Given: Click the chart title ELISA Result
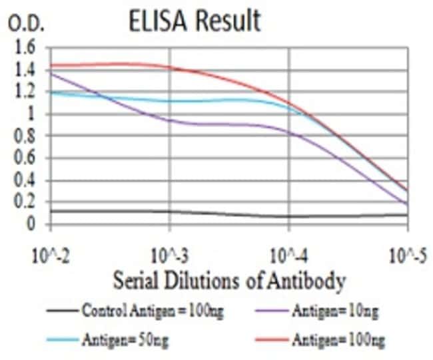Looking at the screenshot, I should click(x=195, y=21).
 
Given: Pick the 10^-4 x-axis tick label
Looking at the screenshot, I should click(x=288, y=255).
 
